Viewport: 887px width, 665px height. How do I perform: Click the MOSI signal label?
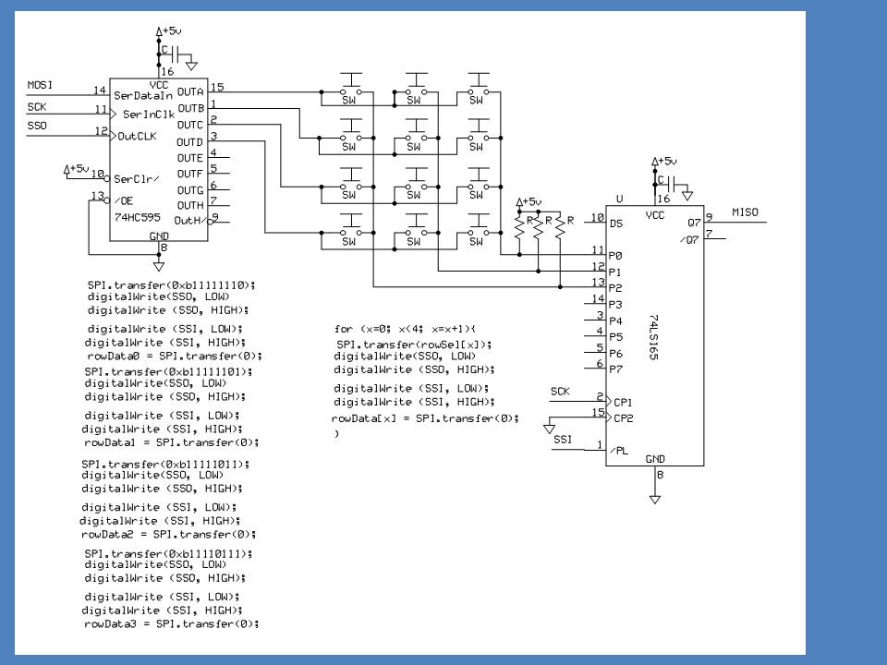pos(40,85)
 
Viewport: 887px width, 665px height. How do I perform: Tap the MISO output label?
pos(745,212)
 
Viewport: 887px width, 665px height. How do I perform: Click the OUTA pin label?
pos(189,91)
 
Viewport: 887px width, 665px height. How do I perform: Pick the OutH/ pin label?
pos(188,220)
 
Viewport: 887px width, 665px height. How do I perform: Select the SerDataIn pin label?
pos(144,94)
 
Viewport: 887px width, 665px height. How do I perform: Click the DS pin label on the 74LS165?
pos(616,223)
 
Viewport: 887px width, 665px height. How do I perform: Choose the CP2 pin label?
pos(622,417)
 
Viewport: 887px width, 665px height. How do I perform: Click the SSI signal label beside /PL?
pos(563,440)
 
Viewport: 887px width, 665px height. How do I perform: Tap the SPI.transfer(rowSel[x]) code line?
pos(414,345)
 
